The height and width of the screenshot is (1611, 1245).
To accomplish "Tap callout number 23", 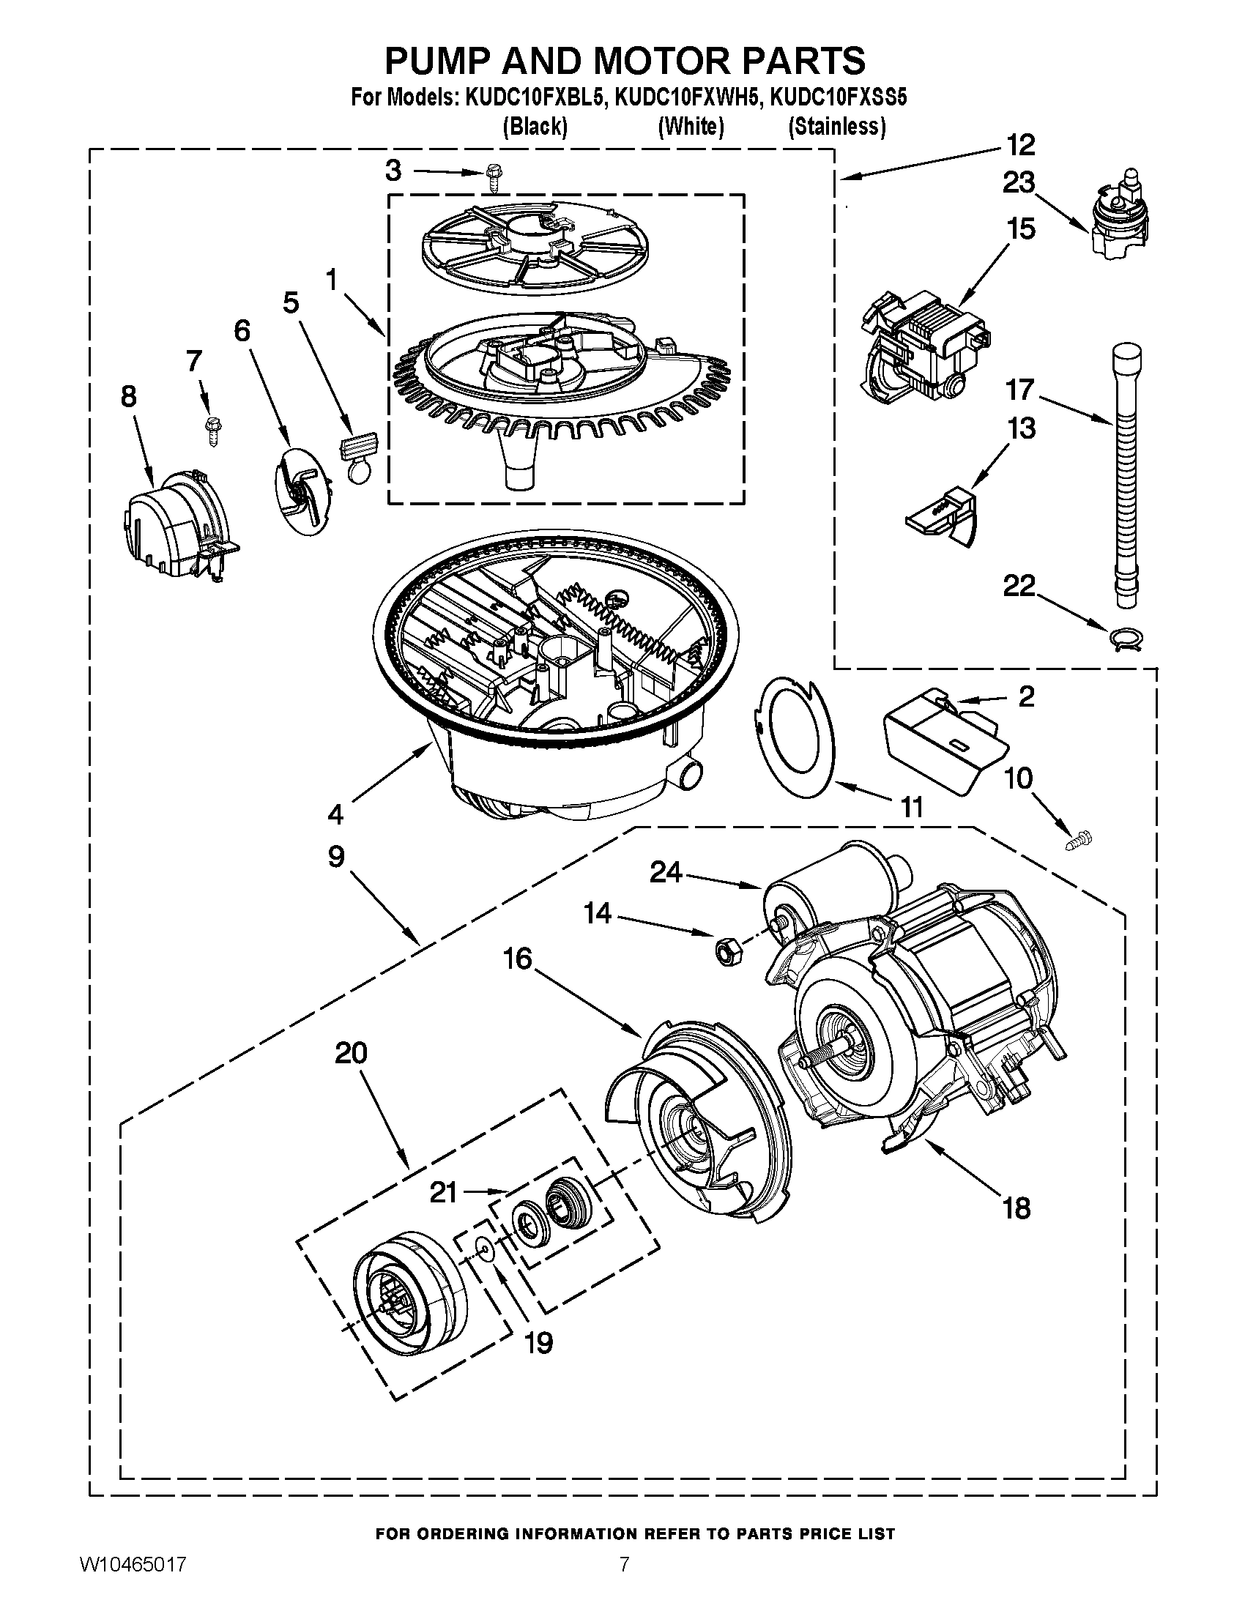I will click(x=1018, y=182).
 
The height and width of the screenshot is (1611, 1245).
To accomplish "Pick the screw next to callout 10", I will click(x=1078, y=840).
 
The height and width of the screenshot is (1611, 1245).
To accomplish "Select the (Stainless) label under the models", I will click(x=836, y=127).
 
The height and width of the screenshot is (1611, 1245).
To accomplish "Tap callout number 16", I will click(x=517, y=959).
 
